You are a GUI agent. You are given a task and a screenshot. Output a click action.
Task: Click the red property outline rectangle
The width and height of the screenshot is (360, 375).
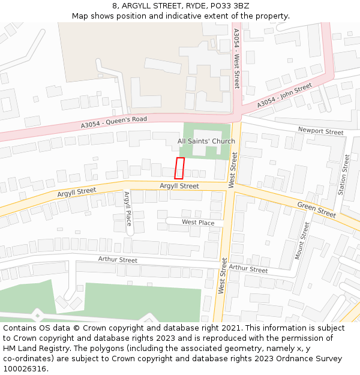(x=179, y=168)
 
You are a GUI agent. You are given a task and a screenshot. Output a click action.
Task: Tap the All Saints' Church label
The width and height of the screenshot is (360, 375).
(x=206, y=142)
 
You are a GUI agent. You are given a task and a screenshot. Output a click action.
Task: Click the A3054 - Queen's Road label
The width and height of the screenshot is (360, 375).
(x=114, y=122)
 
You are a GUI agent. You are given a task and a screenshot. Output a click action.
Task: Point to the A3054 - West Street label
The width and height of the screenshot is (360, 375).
(x=236, y=58)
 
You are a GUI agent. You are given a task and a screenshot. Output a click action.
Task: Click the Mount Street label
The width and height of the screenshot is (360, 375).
(x=302, y=241)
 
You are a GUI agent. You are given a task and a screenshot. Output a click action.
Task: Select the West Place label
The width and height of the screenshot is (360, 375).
(x=198, y=223)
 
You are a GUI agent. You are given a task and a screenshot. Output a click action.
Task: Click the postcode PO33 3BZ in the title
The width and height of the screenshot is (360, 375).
(x=229, y=6)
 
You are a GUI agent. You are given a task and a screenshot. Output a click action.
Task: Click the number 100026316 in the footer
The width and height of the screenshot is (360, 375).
(x=26, y=369)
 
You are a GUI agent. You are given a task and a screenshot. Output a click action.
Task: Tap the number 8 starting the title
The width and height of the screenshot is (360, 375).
(x=114, y=6)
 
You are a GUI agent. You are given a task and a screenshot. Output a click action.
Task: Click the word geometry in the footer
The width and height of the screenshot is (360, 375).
(x=234, y=349)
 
